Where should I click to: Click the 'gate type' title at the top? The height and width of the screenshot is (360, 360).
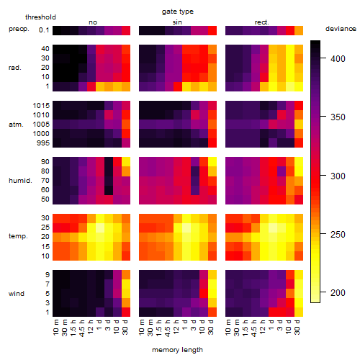coord(178,12)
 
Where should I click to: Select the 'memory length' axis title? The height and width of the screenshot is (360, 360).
coord(177,350)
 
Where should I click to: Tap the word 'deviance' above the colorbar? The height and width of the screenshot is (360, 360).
coord(341,29)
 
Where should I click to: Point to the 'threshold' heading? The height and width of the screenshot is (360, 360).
coord(40,17)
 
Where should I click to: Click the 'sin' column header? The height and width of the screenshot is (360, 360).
coord(177,22)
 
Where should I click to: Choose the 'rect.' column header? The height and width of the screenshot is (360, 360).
coord(262,22)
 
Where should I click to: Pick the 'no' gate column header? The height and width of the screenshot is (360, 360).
coord(93,22)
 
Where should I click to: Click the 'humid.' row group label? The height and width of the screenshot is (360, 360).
coord(20,181)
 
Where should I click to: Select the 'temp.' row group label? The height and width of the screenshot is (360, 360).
coord(18,236)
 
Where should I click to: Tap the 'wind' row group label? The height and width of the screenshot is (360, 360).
coord(17,294)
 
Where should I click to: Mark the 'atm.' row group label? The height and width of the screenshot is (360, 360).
coord(16,125)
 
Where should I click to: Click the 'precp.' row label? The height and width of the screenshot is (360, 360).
coord(19,29)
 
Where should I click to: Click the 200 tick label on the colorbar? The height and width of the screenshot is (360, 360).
coord(338,293)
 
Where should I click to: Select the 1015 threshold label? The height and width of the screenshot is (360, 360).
coord(41,106)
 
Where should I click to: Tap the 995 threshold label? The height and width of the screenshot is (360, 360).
coord(43,143)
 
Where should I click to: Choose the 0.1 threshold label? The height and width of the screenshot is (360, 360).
coord(44,30)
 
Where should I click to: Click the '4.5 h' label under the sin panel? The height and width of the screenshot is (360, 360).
coord(168,327)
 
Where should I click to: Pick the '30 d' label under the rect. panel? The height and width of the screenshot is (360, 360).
coord(297,327)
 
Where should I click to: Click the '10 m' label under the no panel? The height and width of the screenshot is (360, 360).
coord(56,327)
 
